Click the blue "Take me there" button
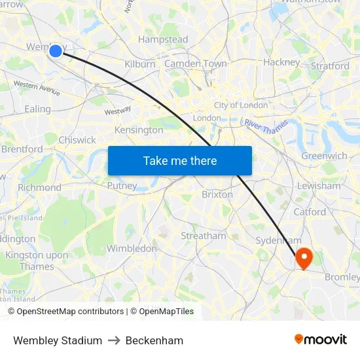point(180,161)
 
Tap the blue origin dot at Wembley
point(56,50)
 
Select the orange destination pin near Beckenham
point(304,257)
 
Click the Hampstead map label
point(163,40)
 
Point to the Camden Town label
point(196,63)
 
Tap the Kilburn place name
point(140,64)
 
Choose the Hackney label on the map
point(281,62)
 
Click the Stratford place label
point(330,66)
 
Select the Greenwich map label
point(324,156)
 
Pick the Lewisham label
point(319,186)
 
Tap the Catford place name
point(310,212)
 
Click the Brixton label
point(217,194)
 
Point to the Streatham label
point(204,236)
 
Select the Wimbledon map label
point(132,249)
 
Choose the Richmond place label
point(39,187)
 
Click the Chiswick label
point(77,140)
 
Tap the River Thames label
point(266,126)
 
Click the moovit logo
point(321,340)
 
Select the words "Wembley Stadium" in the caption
point(58,340)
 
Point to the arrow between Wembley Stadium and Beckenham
point(114,340)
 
